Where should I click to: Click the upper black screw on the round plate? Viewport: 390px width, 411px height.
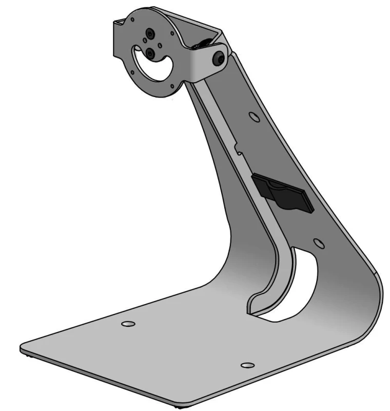(149, 34)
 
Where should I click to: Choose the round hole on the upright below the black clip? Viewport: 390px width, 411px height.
(318, 241)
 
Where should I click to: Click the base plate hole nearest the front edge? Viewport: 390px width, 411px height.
(247, 365)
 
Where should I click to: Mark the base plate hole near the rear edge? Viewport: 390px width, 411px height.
(127, 324)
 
